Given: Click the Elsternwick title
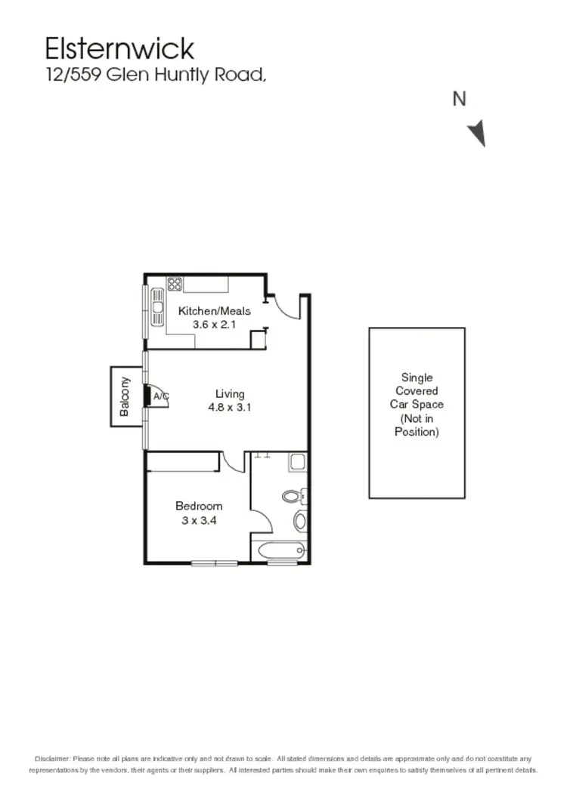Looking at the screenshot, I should click(119, 48).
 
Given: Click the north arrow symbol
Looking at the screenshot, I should click(476, 133).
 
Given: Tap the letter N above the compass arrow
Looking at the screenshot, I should click(459, 99).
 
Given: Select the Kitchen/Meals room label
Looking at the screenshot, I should click(214, 311).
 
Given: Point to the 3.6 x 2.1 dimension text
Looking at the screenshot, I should click(214, 324).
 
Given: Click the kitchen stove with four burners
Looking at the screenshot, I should click(175, 285).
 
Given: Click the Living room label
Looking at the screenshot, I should click(230, 394).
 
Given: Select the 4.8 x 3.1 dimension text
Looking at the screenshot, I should click(230, 407).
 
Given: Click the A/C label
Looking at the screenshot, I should click(160, 396).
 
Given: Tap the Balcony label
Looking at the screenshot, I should click(125, 396).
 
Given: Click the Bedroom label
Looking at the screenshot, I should click(199, 506).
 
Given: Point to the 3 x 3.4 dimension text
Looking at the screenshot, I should click(199, 519).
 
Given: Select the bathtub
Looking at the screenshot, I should click(279, 550).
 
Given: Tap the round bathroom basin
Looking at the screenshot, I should click(300, 520).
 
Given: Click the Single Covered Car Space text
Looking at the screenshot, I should click(417, 405).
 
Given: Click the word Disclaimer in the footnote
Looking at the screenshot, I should click(52, 758).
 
